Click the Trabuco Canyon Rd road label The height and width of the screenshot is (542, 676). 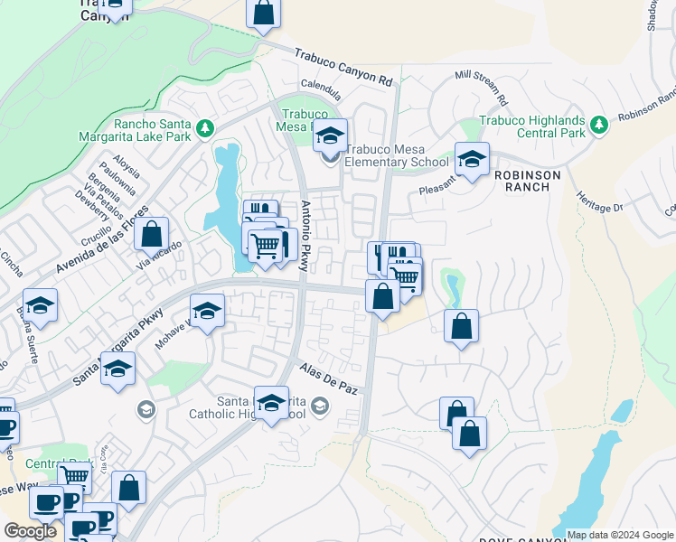343,67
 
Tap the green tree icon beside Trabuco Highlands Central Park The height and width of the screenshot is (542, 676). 598,127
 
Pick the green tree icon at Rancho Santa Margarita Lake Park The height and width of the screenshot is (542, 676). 205,128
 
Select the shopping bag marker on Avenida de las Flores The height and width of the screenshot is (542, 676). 151,234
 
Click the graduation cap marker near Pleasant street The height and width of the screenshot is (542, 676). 471,160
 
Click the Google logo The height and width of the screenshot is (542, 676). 31,531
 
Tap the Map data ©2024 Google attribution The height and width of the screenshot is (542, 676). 619,535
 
